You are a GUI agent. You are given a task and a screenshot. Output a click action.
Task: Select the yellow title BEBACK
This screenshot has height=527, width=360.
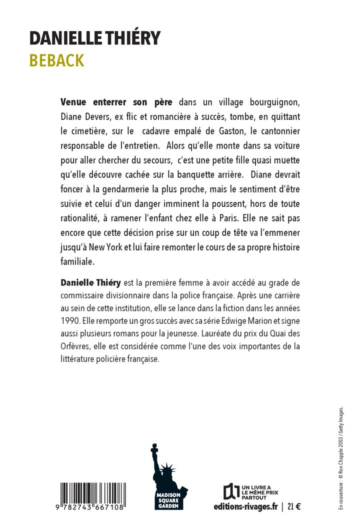tap(56, 60)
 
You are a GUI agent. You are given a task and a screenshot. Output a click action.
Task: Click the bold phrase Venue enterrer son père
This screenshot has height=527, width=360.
tap(116, 102)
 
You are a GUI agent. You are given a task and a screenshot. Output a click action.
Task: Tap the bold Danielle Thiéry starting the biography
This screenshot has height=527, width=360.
tap(90, 283)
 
